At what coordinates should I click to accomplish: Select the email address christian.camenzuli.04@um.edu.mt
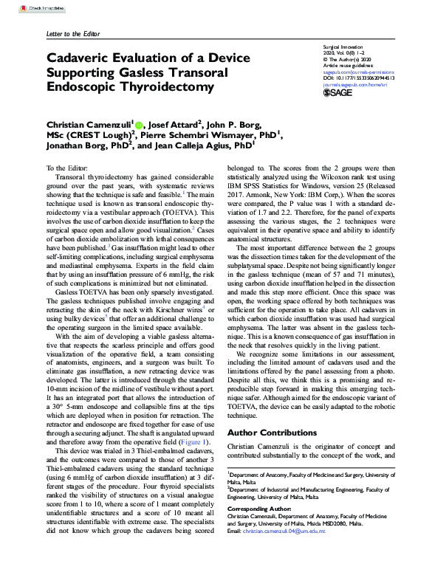coord(285,530)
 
